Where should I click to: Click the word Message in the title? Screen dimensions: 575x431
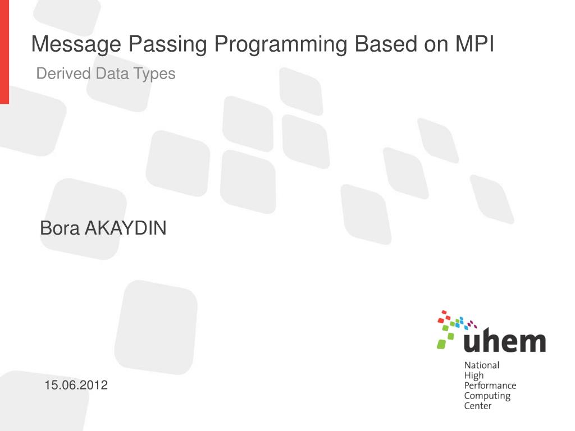click(x=76, y=44)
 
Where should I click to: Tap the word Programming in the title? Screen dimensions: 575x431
click(x=281, y=44)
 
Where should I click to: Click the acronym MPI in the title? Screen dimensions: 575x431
click(x=475, y=44)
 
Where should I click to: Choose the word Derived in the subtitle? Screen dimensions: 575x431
click(x=63, y=74)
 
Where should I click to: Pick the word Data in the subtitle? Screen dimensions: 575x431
click(x=112, y=74)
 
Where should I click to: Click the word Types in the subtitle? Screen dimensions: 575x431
click(x=154, y=74)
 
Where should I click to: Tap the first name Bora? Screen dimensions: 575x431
click(x=60, y=228)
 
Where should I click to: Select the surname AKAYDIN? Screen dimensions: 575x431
click(x=125, y=228)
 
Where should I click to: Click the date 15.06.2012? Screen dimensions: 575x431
click(x=76, y=385)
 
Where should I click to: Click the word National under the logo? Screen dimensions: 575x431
click(x=481, y=365)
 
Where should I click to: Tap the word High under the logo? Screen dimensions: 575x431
click(x=474, y=375)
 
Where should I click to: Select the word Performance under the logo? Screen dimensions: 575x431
click(x=490, y=386)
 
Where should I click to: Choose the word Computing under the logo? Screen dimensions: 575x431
click(x=487, y=396)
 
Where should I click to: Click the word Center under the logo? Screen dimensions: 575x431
click(x=477, y=406)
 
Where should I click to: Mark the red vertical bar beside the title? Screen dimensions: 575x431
click(x=4, y=52)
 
